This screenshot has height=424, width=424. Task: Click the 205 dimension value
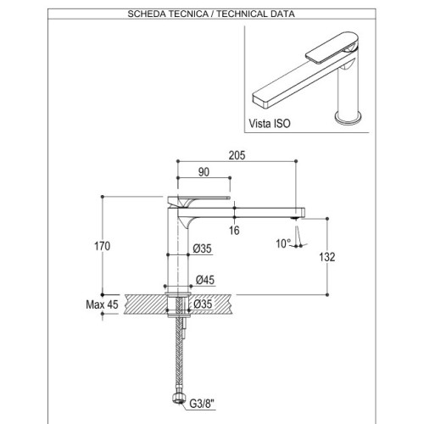coord(237,155)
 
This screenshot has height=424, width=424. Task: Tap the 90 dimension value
coord(204,172)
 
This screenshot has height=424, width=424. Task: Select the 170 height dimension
coord(102,246)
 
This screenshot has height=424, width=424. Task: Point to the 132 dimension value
coord(327,257)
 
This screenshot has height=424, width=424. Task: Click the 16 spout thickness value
coord(234,231)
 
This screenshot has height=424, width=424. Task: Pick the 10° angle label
coord(283,243)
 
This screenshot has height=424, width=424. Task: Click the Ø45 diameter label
coord(205,280)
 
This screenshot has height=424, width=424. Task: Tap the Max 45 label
coord(102,304)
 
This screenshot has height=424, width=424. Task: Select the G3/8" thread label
coord(203,404)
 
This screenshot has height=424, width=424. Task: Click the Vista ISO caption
coord(270,124)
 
